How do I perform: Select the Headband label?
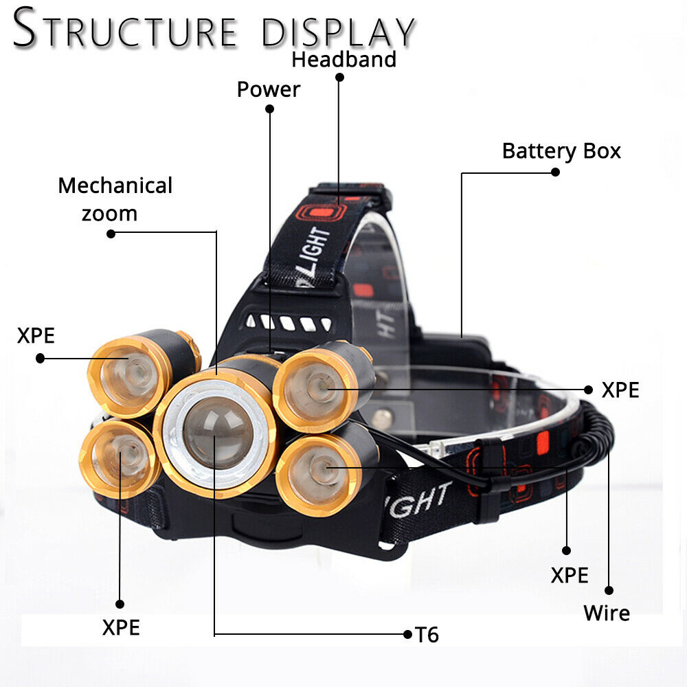click(343, 59)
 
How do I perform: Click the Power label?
click(269, 89)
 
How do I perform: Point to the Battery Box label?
click(561, 150)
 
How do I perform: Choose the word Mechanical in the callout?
click(115, 185)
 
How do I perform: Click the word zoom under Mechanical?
click(109, 213)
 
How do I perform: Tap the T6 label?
click(427, 635)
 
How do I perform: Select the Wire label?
click(607, 612)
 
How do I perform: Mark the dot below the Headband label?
click(339, 77)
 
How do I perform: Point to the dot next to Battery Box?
click(555, 172)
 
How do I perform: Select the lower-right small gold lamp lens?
click(316, 471)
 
